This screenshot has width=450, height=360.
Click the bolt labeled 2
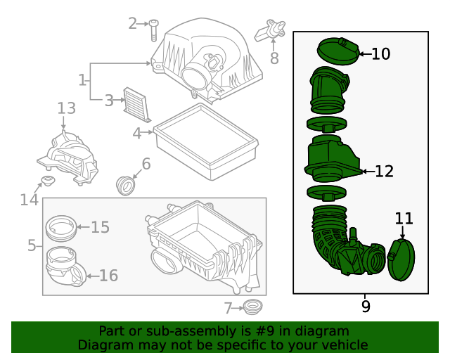pos(154,30)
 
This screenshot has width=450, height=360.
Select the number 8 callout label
pos(274,58)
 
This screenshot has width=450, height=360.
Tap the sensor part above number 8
pos(270,30)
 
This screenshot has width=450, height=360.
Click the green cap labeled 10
pos(338,51)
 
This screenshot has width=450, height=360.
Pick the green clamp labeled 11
pos(401,260)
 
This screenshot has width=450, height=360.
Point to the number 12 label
pos(385,172)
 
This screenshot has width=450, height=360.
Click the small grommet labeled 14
pos(48,181)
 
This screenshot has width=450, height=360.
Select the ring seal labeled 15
pos(61,229)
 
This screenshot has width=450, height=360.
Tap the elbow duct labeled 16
pos(65,266)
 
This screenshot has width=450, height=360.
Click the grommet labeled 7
pos(252,307)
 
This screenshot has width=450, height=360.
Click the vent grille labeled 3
pos(137,105)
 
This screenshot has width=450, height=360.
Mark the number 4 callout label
pos(137,134)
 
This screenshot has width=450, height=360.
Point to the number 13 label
pos(67,108)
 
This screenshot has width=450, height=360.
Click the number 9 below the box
pos(366,306)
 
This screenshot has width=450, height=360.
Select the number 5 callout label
pos(32,245)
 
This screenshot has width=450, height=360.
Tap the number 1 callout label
pos(82,80)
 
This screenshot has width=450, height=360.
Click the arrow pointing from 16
pos(93,276)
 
